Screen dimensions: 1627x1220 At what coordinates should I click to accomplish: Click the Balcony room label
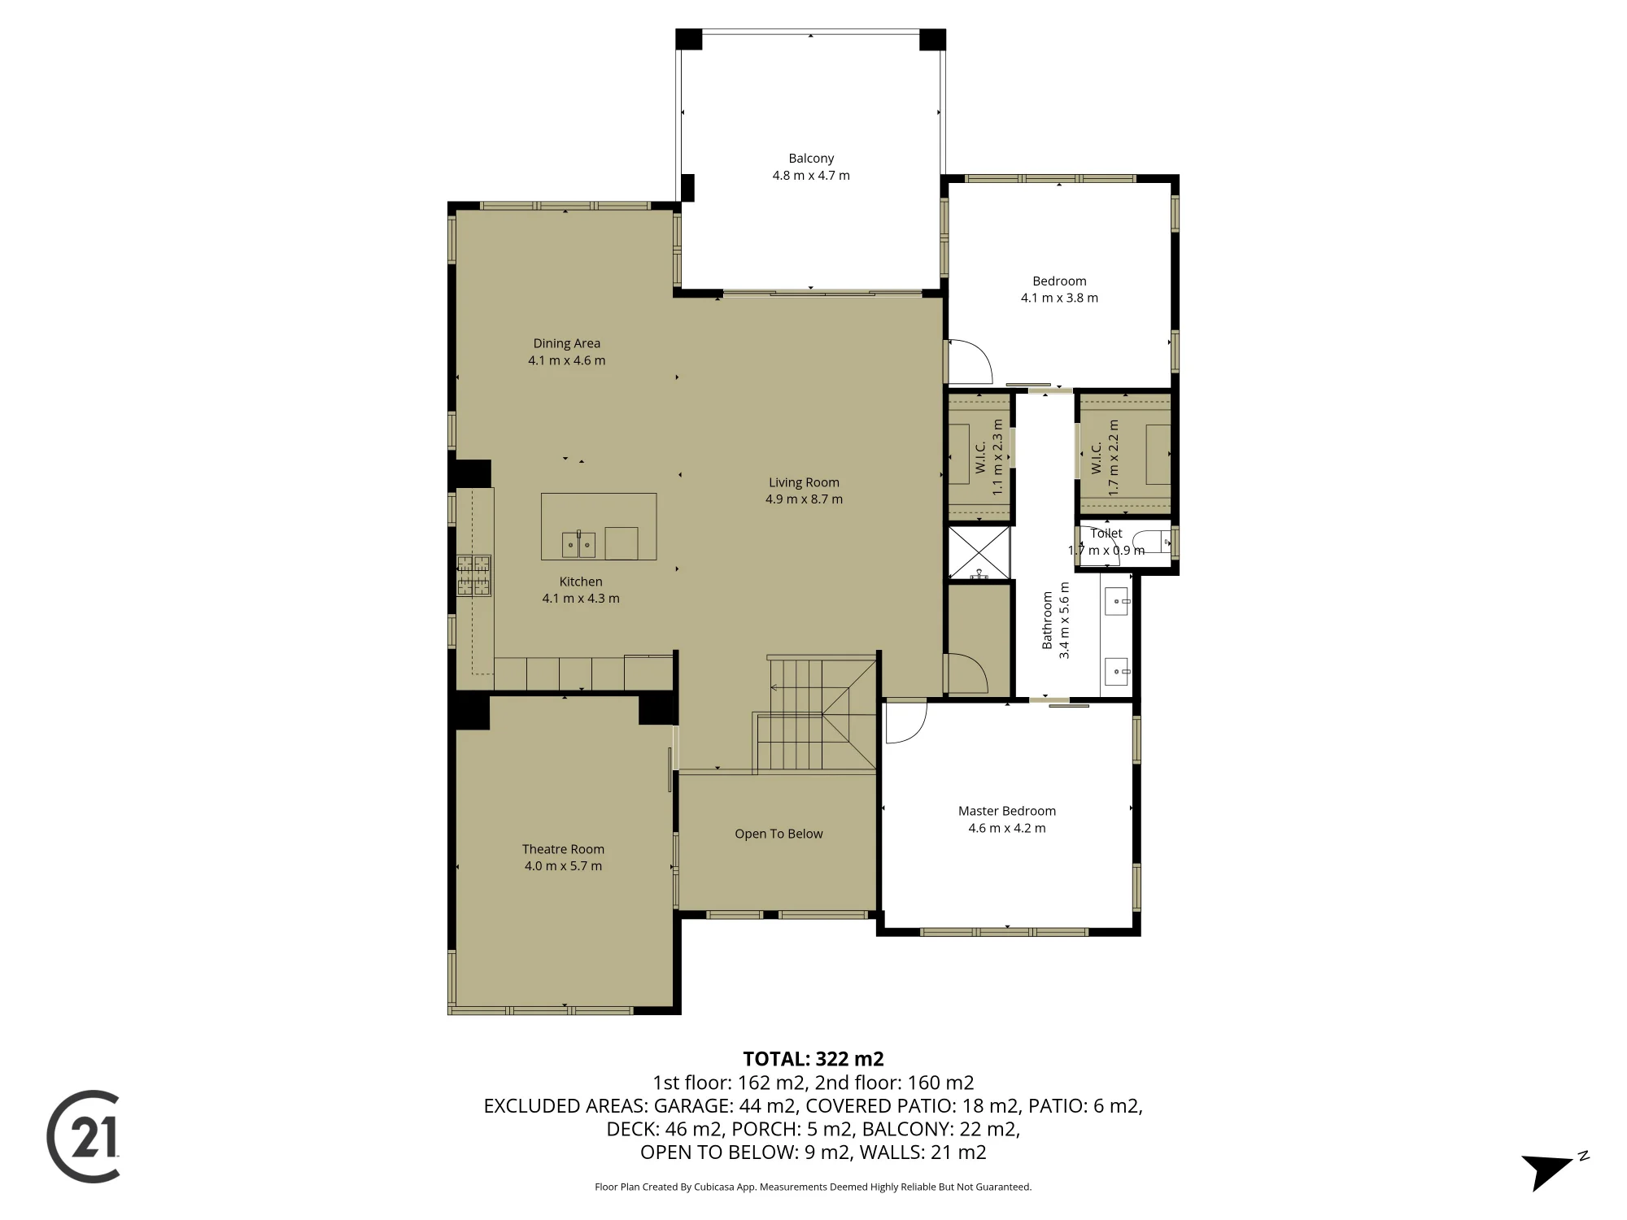pos(811,159)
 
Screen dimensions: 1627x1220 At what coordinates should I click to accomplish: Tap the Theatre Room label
pos(563,849)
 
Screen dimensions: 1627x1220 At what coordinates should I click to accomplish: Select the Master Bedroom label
pos(1007,811)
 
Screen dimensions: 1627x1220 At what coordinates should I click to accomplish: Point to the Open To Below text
pos(779,834)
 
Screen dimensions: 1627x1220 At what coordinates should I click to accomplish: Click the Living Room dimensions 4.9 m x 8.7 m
pos(804,499)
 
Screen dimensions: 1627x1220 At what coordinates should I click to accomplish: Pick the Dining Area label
pos(567,343)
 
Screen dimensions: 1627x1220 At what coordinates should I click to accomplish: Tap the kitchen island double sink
pos(578,544)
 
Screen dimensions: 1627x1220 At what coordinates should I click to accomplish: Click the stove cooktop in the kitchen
pos(474,575)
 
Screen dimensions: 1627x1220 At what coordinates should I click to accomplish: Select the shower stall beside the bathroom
pos(979,553)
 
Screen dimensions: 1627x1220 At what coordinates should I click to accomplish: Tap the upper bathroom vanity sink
pos(1118,602)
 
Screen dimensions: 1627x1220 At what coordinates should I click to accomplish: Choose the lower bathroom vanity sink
pos(1118,672)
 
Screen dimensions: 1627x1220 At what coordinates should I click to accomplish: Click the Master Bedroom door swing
pos(905,722)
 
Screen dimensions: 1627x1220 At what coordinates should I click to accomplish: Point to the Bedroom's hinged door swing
pos(971,361)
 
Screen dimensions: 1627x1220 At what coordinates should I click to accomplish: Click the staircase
pos(816,714)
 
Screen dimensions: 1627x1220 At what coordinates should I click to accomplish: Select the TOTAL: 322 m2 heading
pos(813,1059)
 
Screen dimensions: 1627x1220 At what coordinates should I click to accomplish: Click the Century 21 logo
pos(84,1136)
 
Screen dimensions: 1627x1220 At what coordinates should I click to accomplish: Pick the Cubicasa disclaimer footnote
pos(813,1187)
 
